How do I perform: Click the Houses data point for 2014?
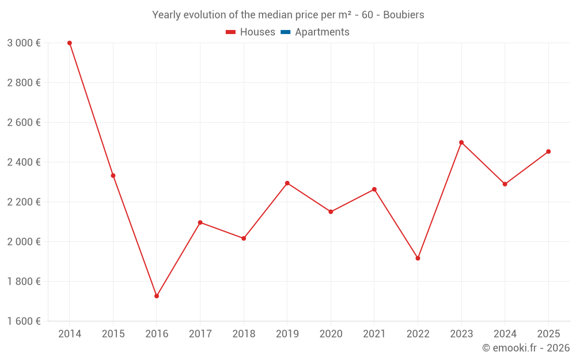point(70,43)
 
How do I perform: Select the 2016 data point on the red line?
point(157,296)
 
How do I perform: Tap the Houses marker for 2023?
point(461,142)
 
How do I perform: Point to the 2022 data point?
point(418,258)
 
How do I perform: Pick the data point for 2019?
point(287,183)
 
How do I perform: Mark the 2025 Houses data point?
point(548,151)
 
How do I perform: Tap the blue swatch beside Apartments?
point(285,32)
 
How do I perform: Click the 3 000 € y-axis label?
point(24,43)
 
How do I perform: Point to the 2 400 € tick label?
point(24,162)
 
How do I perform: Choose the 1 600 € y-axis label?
point(24,321)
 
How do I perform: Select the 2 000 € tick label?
point(24,242)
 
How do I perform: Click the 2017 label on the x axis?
point(200,334)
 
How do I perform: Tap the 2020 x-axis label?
point(331,334)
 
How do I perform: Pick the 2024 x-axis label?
point(505,334)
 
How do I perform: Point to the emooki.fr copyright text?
point(525,348)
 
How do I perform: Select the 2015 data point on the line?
point(113,176)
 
